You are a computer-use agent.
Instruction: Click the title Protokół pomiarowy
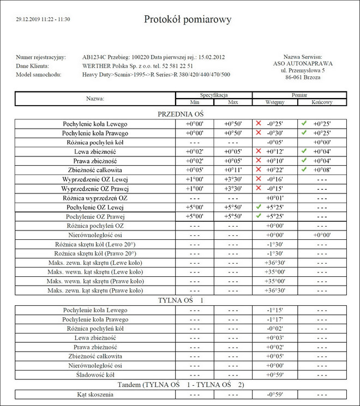pyautogui.click(x=188, y=20)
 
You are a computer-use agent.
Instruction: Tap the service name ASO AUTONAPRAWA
pyautogui.click(x=303, y=63)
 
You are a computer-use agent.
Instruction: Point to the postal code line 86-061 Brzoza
pyautogui.click(x=303, y=78)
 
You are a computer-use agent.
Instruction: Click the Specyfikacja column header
pyautogui.click(x=213, y=95)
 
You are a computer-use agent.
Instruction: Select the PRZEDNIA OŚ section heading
pyautogui.click(x=180, y=114)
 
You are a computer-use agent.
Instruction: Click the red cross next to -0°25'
pyautogui.click(x=259, y=124)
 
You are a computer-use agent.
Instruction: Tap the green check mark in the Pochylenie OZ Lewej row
pyautogui.click(x=259, y=207)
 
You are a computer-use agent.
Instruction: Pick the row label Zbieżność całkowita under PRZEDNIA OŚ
pyautogui.click(x=95, y=170)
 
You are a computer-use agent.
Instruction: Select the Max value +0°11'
pyautogui.click(x=233, y=170)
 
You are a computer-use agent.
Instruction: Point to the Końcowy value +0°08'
pyautogui.click(x=322, y=170)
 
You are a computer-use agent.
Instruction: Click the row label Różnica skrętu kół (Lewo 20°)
pyautogui.click(x=95, y=245)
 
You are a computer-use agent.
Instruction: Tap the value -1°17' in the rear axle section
pyautogui.click(x=274, y=319)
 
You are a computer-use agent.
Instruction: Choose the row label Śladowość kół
pyautogui.click(x=95, y=375)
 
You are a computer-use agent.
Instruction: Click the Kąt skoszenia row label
pyautogui.click(x=95, y=394)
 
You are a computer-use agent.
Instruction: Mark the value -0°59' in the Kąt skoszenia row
pyautogui.click(x=274, y=394)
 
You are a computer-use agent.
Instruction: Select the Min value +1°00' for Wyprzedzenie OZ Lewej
pyautogui.click(x=195, y=179)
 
